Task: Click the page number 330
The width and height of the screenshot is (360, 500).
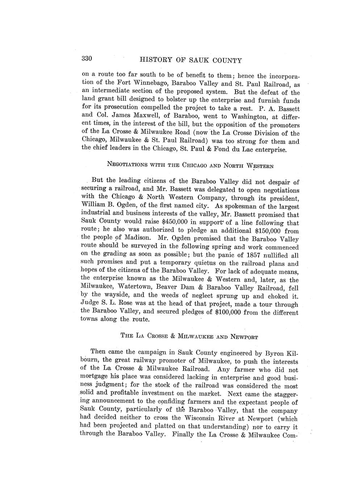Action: [88, 59]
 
